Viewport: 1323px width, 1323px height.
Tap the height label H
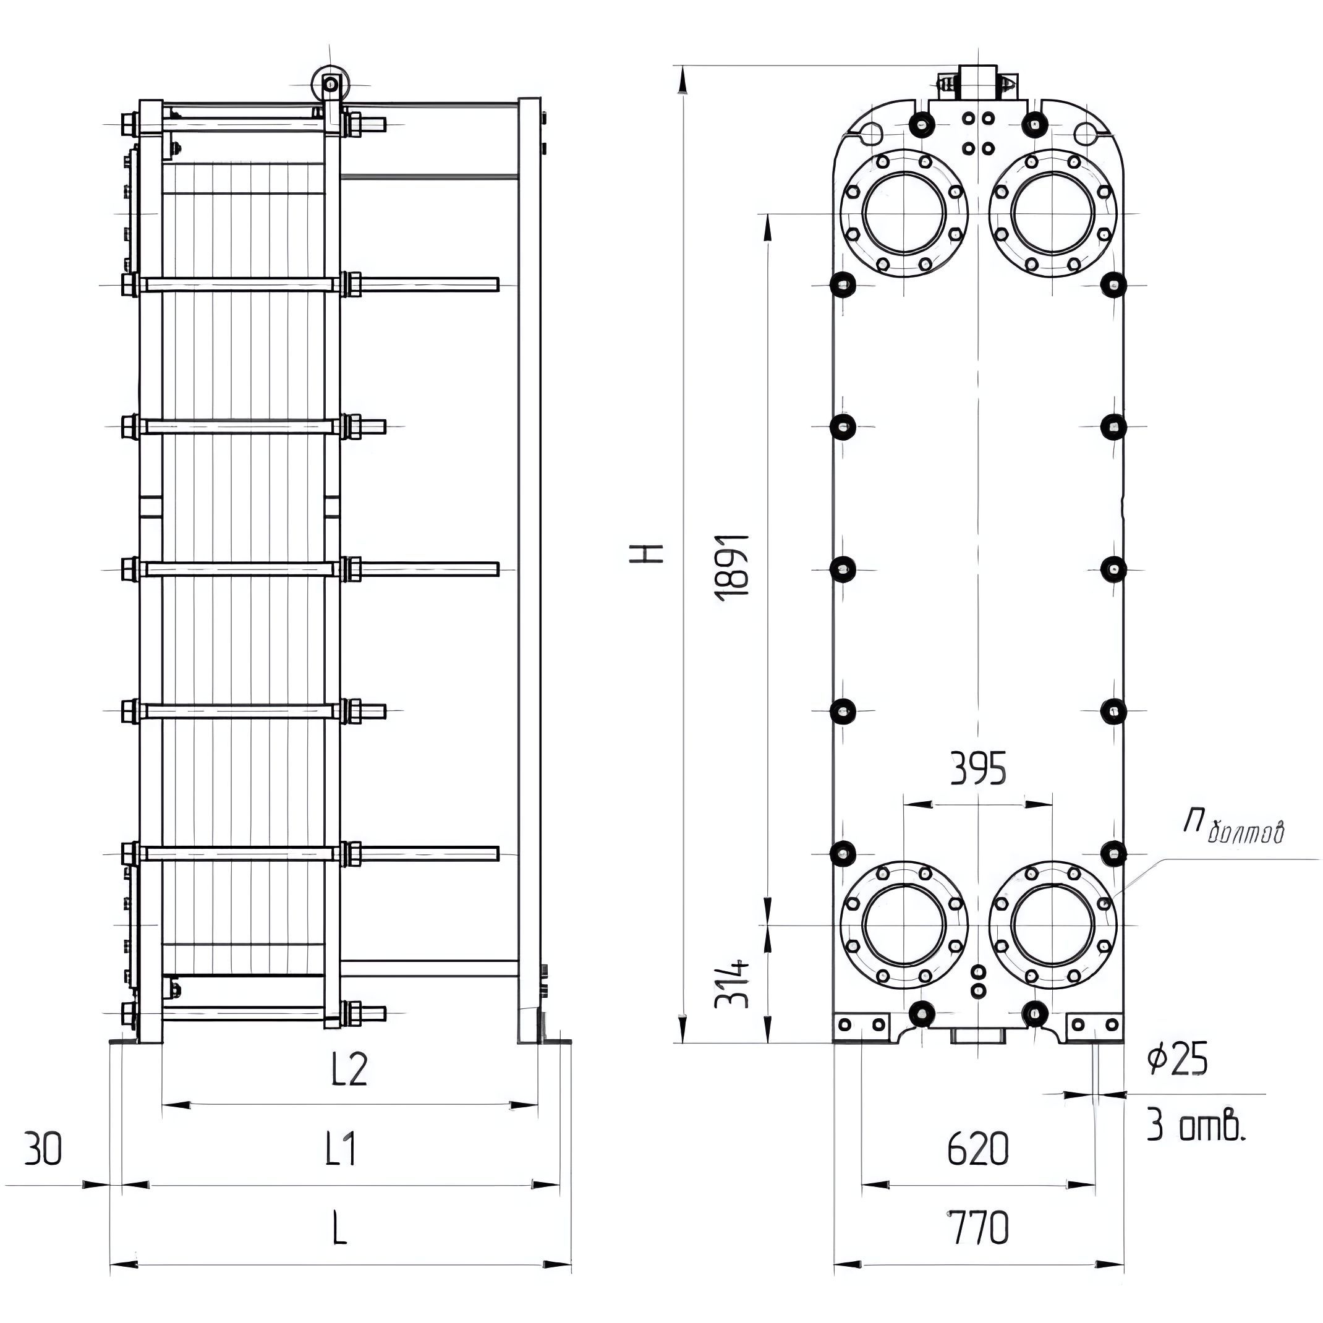tap(646, 553)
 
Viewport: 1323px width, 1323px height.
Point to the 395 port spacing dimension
tap(979, 769)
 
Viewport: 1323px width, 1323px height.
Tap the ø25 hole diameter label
tap(1177, 1060)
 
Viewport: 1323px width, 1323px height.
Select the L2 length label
tap(350, 1069)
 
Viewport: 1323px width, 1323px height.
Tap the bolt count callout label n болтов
tap(1233, 827)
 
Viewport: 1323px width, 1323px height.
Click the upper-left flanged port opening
tap(904, 213)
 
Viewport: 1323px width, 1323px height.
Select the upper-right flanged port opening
tap(1052, 213)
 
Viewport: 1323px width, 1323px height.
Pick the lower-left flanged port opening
tap(904, 924)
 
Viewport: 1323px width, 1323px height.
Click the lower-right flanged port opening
tap(1052, 924)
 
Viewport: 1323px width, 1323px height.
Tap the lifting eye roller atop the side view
tap(331, 84)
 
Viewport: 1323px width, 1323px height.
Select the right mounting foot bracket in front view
tap(1094, 1027)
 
